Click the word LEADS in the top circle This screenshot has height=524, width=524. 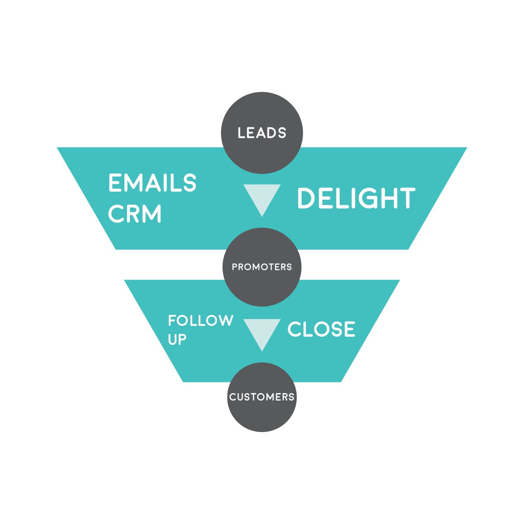pyautogui.click(x=262, y=133)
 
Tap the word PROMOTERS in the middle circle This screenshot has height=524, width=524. pyautogui.click(x=262, y=267)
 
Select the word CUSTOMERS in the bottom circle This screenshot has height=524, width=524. pyautogui.click(x=262, y=397)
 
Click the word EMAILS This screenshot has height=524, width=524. pyautogui.click(x=152, y=183)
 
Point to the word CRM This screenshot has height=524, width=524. pyautogui.click(x=135, y=214)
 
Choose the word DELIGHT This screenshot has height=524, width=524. pyautogui.click(x=356, y=199)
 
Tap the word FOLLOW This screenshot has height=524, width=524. pyautogui.click(x=201, y=321)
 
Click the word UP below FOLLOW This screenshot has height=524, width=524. pyautogui.click(x=177, y=340)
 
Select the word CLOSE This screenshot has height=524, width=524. pyautogui.click(x=321, y=329)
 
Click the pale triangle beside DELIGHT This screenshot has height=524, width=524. pyautogui.click(x=262, y=196)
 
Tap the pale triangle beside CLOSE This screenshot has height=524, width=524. pyautogui.click(x=262, y=331)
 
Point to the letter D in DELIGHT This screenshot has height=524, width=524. pyautogui.click(x=307, y=199)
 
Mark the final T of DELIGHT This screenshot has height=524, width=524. pyautogui.click(x=406, y=199)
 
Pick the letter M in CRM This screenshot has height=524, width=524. pyautogui.click(x=151, y=214)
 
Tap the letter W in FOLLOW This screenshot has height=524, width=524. pyautogui.click(x=224, y=321)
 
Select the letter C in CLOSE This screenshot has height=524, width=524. pyautogui.click(x=295, y=329)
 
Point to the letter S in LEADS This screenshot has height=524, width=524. pyautogui.click(x=282, y=133)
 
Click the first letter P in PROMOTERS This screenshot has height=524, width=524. pyautogui.click(x=235, y=267)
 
